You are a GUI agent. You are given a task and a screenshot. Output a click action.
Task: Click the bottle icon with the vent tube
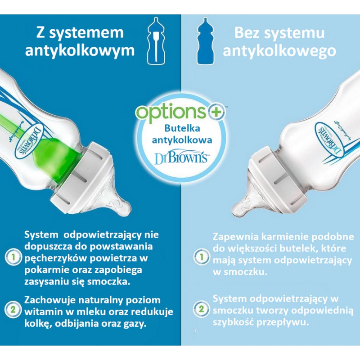pos(156,41)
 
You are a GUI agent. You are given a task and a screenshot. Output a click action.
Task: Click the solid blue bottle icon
pos(206,41)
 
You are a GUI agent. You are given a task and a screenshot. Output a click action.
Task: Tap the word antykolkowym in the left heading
pos(80,51)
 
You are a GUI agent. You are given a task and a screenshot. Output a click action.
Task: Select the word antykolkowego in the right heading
pos(279,51)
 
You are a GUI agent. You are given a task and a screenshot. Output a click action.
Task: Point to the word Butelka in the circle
pos(182,128)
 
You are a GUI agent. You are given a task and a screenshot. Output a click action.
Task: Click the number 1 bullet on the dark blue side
pos(13,257)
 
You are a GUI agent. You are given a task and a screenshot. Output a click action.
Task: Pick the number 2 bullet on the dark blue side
pos(13,309)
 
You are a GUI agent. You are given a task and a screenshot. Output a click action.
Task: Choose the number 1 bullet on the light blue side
pos(201,257)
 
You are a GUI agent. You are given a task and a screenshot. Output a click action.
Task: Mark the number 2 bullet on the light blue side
pos(201,309)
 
